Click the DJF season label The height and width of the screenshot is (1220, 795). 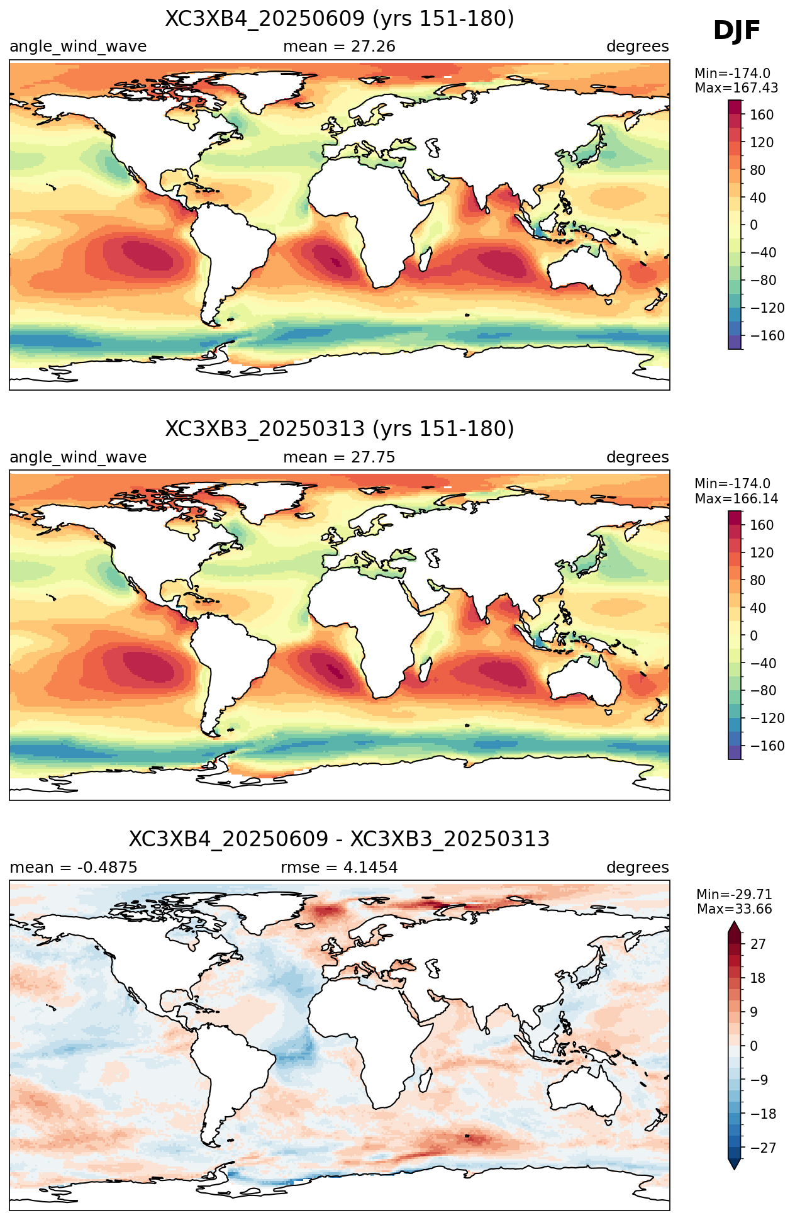(x=737, y=31)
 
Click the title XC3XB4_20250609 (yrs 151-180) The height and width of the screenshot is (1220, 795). (x=340, y=19)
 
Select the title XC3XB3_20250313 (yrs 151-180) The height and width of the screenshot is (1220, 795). (x=340, y=429)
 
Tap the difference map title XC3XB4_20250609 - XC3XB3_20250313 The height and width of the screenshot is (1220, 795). (x=340, y=839)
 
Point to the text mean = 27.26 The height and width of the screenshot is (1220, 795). (x=340, y=47)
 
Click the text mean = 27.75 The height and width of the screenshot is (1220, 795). (x=340, y=457)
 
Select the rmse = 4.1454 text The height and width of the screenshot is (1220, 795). (x=340, y=868)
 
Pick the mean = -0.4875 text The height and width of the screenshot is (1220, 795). (x=74, y=868)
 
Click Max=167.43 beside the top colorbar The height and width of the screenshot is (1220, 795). (x=737, y=88)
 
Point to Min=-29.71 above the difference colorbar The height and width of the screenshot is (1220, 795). (x=735, y=895)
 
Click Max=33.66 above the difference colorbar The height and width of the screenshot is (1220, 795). (x=735, y=909)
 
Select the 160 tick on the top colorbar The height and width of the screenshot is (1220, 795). (x=762, y=115)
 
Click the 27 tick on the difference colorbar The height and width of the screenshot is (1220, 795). (x=758, y=944)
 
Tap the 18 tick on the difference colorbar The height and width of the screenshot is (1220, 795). (x=758, y=978)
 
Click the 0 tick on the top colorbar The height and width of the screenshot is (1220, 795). (x=754, y=225)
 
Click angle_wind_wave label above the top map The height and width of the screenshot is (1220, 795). (x=78, y=47)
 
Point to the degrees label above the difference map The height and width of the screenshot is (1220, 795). (x=638, y=868)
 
